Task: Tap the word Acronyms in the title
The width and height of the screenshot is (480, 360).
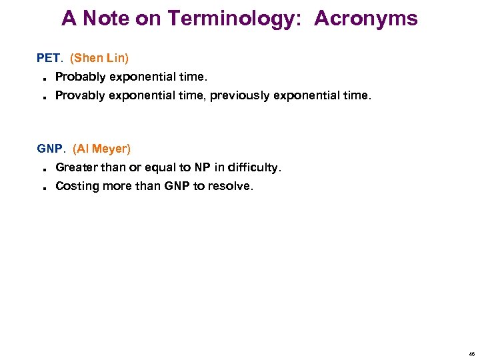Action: click(366, 19)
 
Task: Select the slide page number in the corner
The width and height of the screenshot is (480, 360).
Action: click(471, 354)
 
